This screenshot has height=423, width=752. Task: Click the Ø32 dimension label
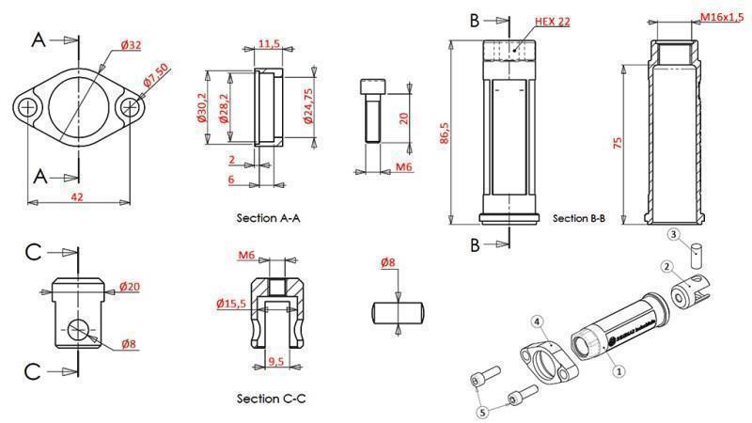coord(131,44)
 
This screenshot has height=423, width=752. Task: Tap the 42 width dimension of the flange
coord(80,196)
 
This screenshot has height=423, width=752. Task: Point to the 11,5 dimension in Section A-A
coord(269,44)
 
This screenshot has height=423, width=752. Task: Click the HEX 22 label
coord(551,21)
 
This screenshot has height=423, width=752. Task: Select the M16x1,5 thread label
coord(723,18)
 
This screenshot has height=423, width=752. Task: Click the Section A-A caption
coord(269,217)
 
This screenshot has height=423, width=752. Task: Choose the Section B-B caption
coord(579,218)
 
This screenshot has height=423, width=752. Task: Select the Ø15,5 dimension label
coord(230,303)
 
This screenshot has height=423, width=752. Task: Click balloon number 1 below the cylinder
coord(618,371)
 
